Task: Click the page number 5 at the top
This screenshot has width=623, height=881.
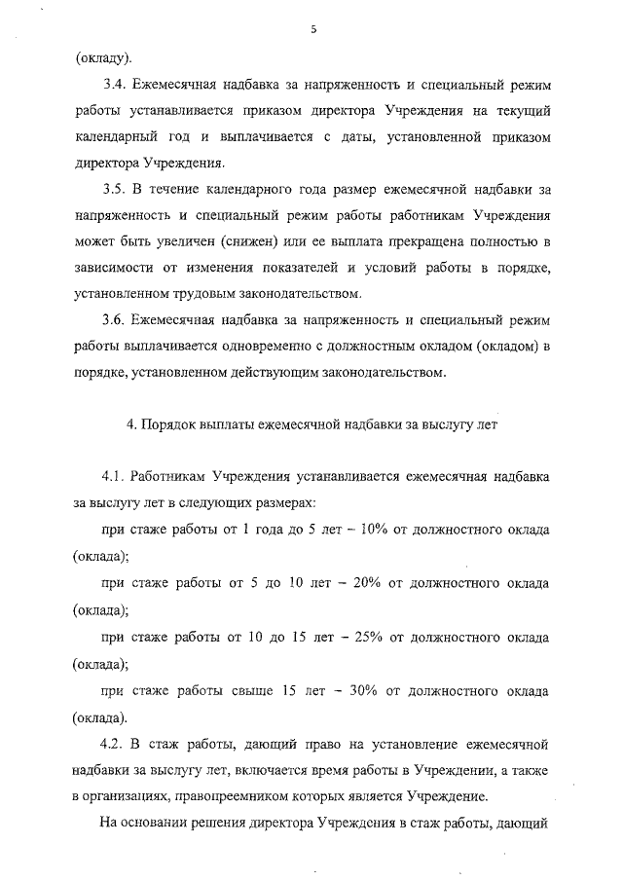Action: click(313, 29)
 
